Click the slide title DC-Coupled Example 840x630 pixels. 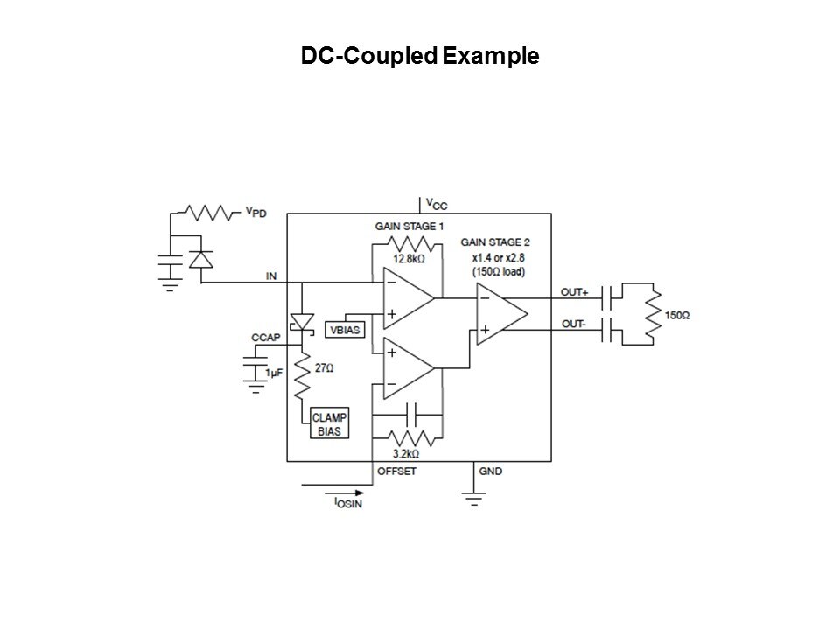tap(419, 57)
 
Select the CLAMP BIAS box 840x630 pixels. tap(331, 425)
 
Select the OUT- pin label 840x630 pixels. tap(573, 324)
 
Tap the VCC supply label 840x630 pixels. tap(435, 204)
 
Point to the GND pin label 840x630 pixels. tap(490, 471)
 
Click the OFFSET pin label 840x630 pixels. tap(395, 471)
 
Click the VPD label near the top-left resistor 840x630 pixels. tap(256, 212)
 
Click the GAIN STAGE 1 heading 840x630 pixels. tap(409, 226)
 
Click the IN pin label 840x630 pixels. tap(270, 276)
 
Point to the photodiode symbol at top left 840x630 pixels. tap(201, 259)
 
